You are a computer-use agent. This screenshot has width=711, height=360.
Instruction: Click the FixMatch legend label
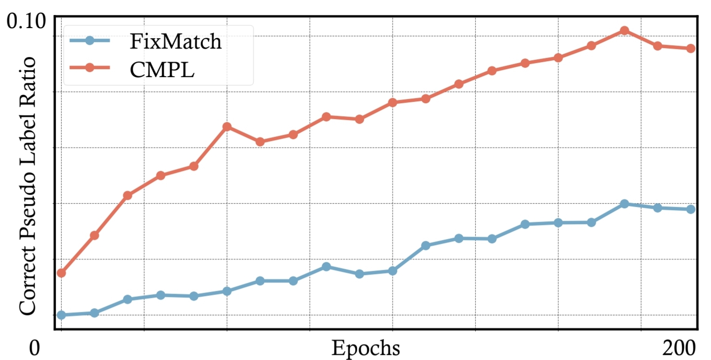[176, 42]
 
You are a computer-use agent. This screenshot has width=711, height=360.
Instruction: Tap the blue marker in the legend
[90, 41]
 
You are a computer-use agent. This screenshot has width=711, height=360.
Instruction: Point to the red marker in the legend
[90, 68]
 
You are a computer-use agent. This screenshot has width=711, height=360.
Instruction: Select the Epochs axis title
[366, 348]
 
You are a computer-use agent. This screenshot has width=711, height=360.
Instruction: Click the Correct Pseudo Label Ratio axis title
[28, 186]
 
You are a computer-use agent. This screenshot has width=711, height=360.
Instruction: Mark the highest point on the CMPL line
[624, 31]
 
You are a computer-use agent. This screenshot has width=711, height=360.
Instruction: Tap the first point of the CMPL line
[61, 273]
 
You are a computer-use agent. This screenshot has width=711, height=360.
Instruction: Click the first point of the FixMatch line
[61, 315]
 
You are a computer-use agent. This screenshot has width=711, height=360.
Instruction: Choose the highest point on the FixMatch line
[624, 204]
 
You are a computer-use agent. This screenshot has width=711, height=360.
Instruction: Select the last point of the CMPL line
[690, 49]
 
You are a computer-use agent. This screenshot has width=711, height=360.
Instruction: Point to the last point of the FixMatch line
[690, 209]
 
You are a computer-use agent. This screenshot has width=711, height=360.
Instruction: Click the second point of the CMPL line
[94, 235]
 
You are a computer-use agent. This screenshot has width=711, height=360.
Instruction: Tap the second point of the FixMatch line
[94, 313]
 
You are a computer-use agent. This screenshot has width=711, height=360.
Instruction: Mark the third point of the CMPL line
[127, 196]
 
